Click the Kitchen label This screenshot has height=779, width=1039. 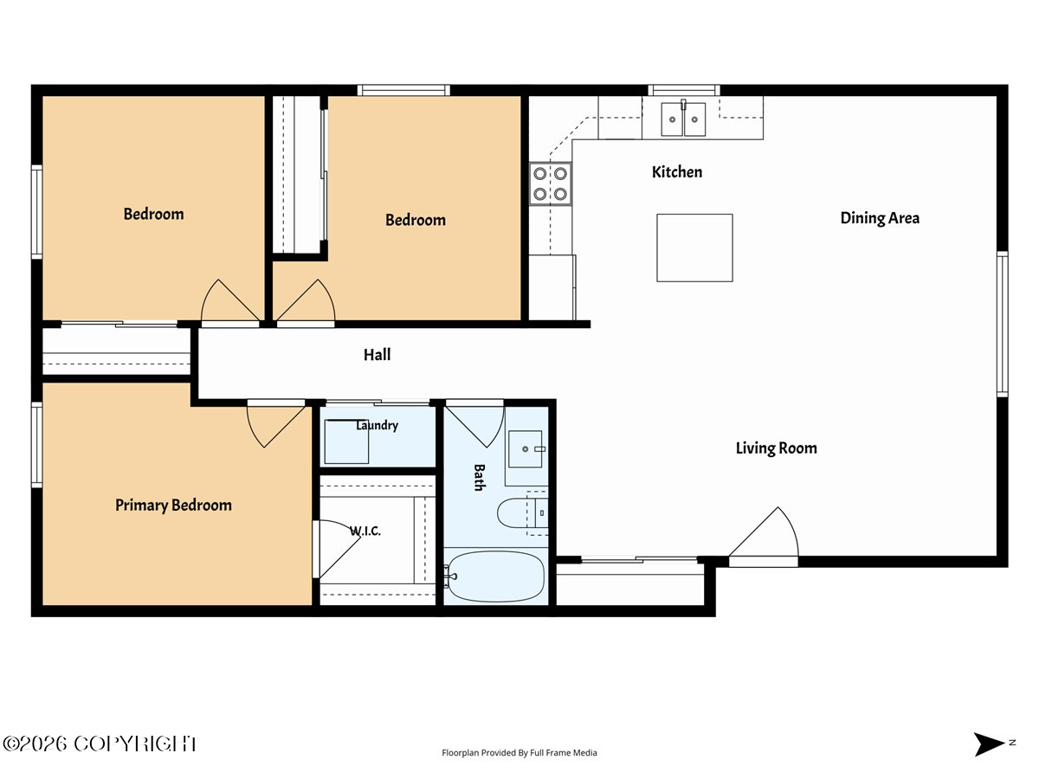point(676,172)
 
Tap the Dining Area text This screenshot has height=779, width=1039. point(880,218)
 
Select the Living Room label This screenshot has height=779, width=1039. point(776,448)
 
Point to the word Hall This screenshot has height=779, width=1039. point(377,355)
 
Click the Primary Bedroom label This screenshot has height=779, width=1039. point(173,505)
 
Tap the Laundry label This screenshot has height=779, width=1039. point(377,425)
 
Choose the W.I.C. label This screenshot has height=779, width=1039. point(365,531)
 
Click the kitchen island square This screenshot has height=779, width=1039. point(694,248)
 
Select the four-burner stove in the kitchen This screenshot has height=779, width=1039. point(550,184)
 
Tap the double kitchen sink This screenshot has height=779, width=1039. point(683,119)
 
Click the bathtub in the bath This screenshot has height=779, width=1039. point(495,576)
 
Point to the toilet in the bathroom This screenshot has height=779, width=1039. point(522,512)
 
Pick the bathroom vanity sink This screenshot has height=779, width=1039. point(525,449)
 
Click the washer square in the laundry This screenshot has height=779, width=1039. point(346,441)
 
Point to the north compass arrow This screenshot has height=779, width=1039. point(989,744)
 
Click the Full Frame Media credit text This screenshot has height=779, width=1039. point(519,752)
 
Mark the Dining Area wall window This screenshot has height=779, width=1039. point(1002,325)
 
